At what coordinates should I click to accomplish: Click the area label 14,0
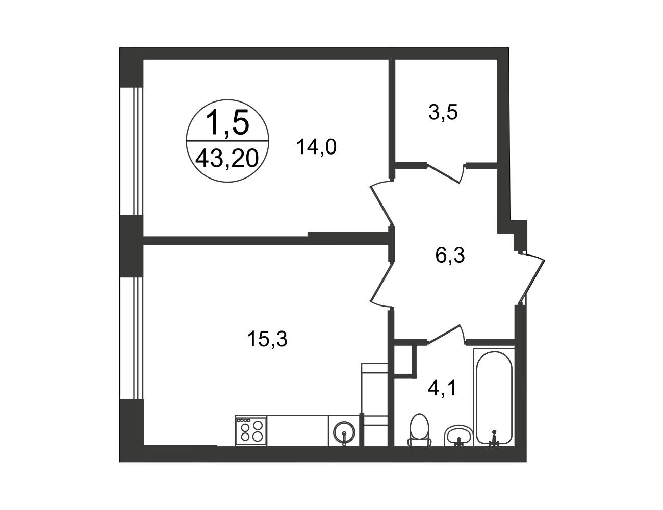316,147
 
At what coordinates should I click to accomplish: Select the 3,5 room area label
443,113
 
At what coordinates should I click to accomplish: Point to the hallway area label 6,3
450,256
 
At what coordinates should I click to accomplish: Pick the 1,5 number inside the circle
227,122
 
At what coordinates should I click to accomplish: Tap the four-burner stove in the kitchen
251,430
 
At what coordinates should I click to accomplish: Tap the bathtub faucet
494,438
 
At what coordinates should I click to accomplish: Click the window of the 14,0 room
132,151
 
